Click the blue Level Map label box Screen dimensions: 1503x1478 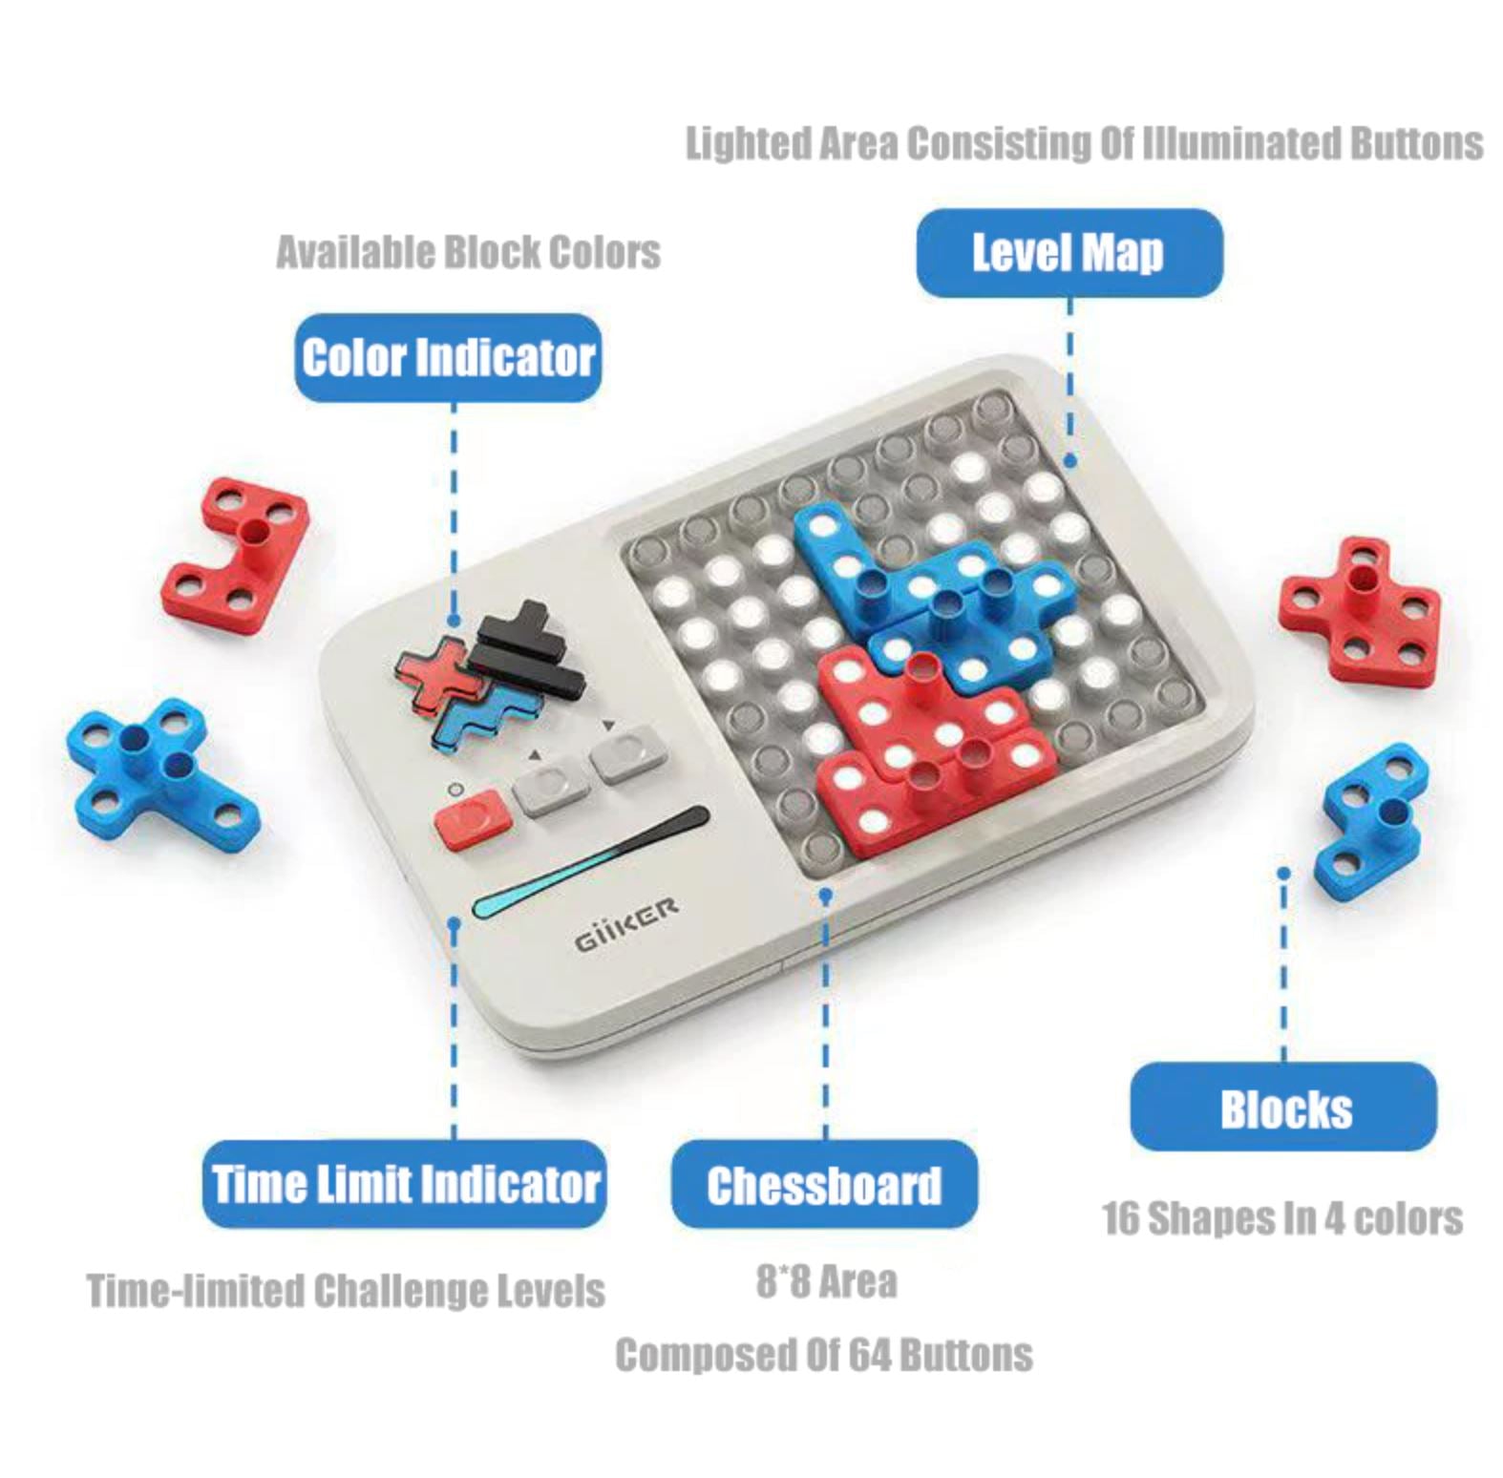pos(1069,253)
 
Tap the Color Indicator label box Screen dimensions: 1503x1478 pos(448,358)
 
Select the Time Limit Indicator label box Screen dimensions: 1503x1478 pos(404,1184)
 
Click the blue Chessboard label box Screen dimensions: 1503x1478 pos(824,1184)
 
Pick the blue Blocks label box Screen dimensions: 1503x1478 pos(1283,1108)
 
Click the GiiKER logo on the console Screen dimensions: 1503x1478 pos(626,923)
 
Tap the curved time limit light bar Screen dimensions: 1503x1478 pos(589,861)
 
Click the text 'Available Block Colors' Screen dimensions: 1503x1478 pos(468,253)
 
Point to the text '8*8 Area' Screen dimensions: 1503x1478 pos(827,1281)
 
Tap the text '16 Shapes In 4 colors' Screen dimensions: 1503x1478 pos(1282,1219)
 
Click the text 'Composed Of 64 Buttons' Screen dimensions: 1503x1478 pos(824,1355)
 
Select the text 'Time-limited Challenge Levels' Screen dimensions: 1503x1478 pos(346,1291)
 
